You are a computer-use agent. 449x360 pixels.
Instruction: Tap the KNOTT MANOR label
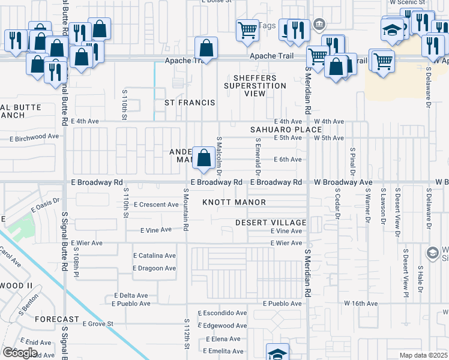(234, 202)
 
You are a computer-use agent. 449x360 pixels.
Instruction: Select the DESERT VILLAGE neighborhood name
(271, 223)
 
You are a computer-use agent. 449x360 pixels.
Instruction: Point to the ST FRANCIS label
(190, 103)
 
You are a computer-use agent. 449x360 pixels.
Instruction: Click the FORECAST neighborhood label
(57, 319)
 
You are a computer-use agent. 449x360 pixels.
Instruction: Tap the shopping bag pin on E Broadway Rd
(204, 158)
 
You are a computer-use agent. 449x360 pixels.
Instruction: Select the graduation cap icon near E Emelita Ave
(277, 353)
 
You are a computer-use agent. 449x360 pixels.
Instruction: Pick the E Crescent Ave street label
(156, 205)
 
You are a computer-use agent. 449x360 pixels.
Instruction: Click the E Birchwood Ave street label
(34, 136)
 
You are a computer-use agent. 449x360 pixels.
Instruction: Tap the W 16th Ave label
(360, 304)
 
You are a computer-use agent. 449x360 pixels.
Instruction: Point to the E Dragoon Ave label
(154, 268)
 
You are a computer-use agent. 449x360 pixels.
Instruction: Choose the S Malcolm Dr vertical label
(219, 155)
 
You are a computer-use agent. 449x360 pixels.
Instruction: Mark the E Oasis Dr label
(45, 205)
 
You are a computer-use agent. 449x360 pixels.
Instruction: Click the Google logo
(20, 353)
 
